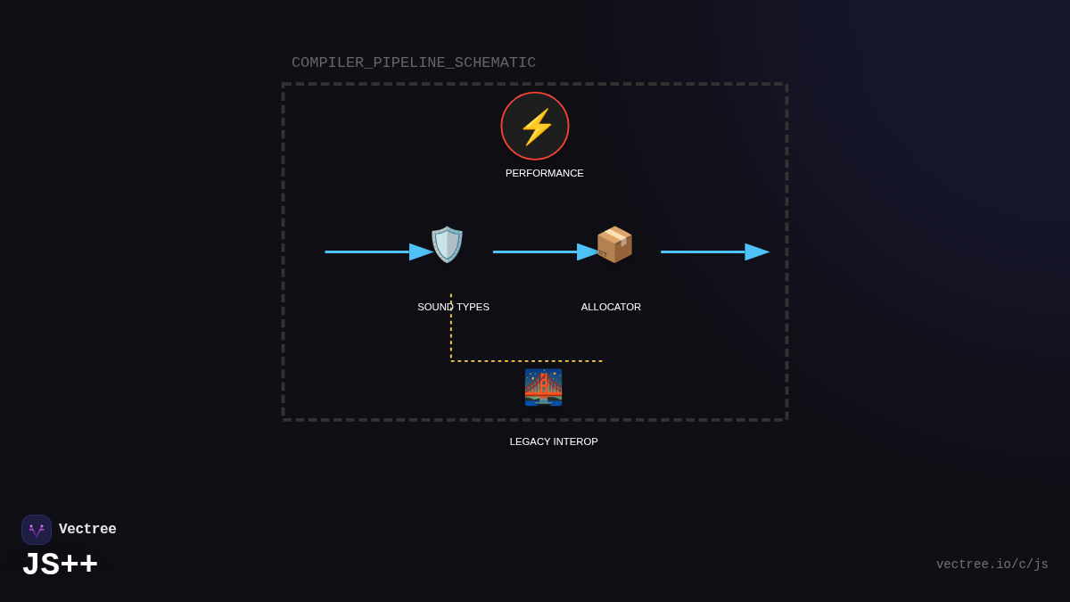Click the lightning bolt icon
(x=536, y=127)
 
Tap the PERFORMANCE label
(x=544, y=173)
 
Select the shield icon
(x=447, y=244)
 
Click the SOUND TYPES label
(x=453, y=307)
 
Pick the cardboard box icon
(x=614, y=244)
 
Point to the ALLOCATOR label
(x=611, y=307)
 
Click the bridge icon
(x=543, y=387)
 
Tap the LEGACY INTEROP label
(x=554, y=441)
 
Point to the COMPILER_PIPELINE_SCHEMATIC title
(x=414, y=62)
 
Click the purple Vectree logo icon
(x=37, y=530)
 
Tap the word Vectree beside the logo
(x=87, y=529)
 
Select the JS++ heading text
(x=60, y=565)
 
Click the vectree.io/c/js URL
(x=992, y=565)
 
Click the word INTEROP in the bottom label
(x=575, y=441)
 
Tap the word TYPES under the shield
(x=472, y=307)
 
